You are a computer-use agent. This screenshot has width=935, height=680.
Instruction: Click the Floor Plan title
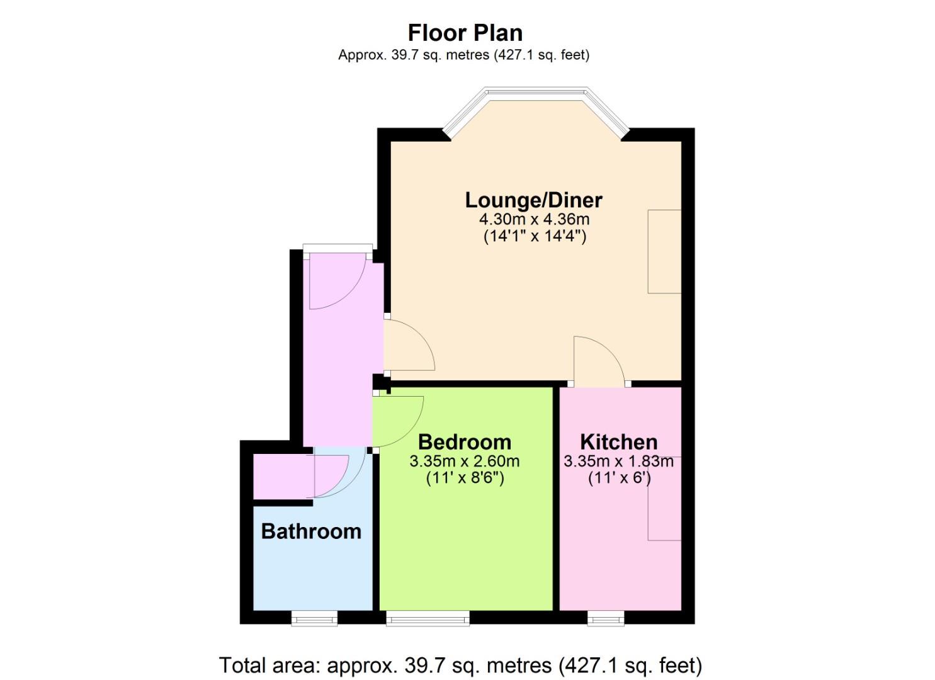(465, 33)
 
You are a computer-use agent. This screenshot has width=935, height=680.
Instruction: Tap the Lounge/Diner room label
(533, 200)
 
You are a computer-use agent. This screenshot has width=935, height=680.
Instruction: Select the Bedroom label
(465, 442)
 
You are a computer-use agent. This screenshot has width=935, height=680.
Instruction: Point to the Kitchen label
(618, 442)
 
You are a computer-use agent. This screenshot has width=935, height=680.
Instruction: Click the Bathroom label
(312, 532)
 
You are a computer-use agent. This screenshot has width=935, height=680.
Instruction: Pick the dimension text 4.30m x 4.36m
(535, 219)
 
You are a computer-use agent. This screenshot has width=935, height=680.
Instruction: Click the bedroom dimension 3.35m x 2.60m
(465, 462)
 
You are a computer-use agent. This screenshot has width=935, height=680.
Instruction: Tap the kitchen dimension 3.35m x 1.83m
(618, 462)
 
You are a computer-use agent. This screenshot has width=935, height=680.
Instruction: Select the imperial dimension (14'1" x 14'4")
(535, 237)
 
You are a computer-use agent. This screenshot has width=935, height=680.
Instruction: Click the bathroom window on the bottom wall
(314, 618)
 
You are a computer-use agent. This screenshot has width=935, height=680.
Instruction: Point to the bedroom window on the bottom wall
(428, 618)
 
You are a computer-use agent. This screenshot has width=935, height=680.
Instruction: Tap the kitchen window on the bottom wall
(606, 618)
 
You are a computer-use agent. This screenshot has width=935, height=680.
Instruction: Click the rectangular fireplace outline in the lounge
(664, 251)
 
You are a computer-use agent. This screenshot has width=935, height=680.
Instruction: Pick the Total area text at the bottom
(460, 666)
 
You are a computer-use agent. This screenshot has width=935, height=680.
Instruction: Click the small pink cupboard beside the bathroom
(284, 476)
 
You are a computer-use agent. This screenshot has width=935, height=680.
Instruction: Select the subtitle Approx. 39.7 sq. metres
(464, 55)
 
